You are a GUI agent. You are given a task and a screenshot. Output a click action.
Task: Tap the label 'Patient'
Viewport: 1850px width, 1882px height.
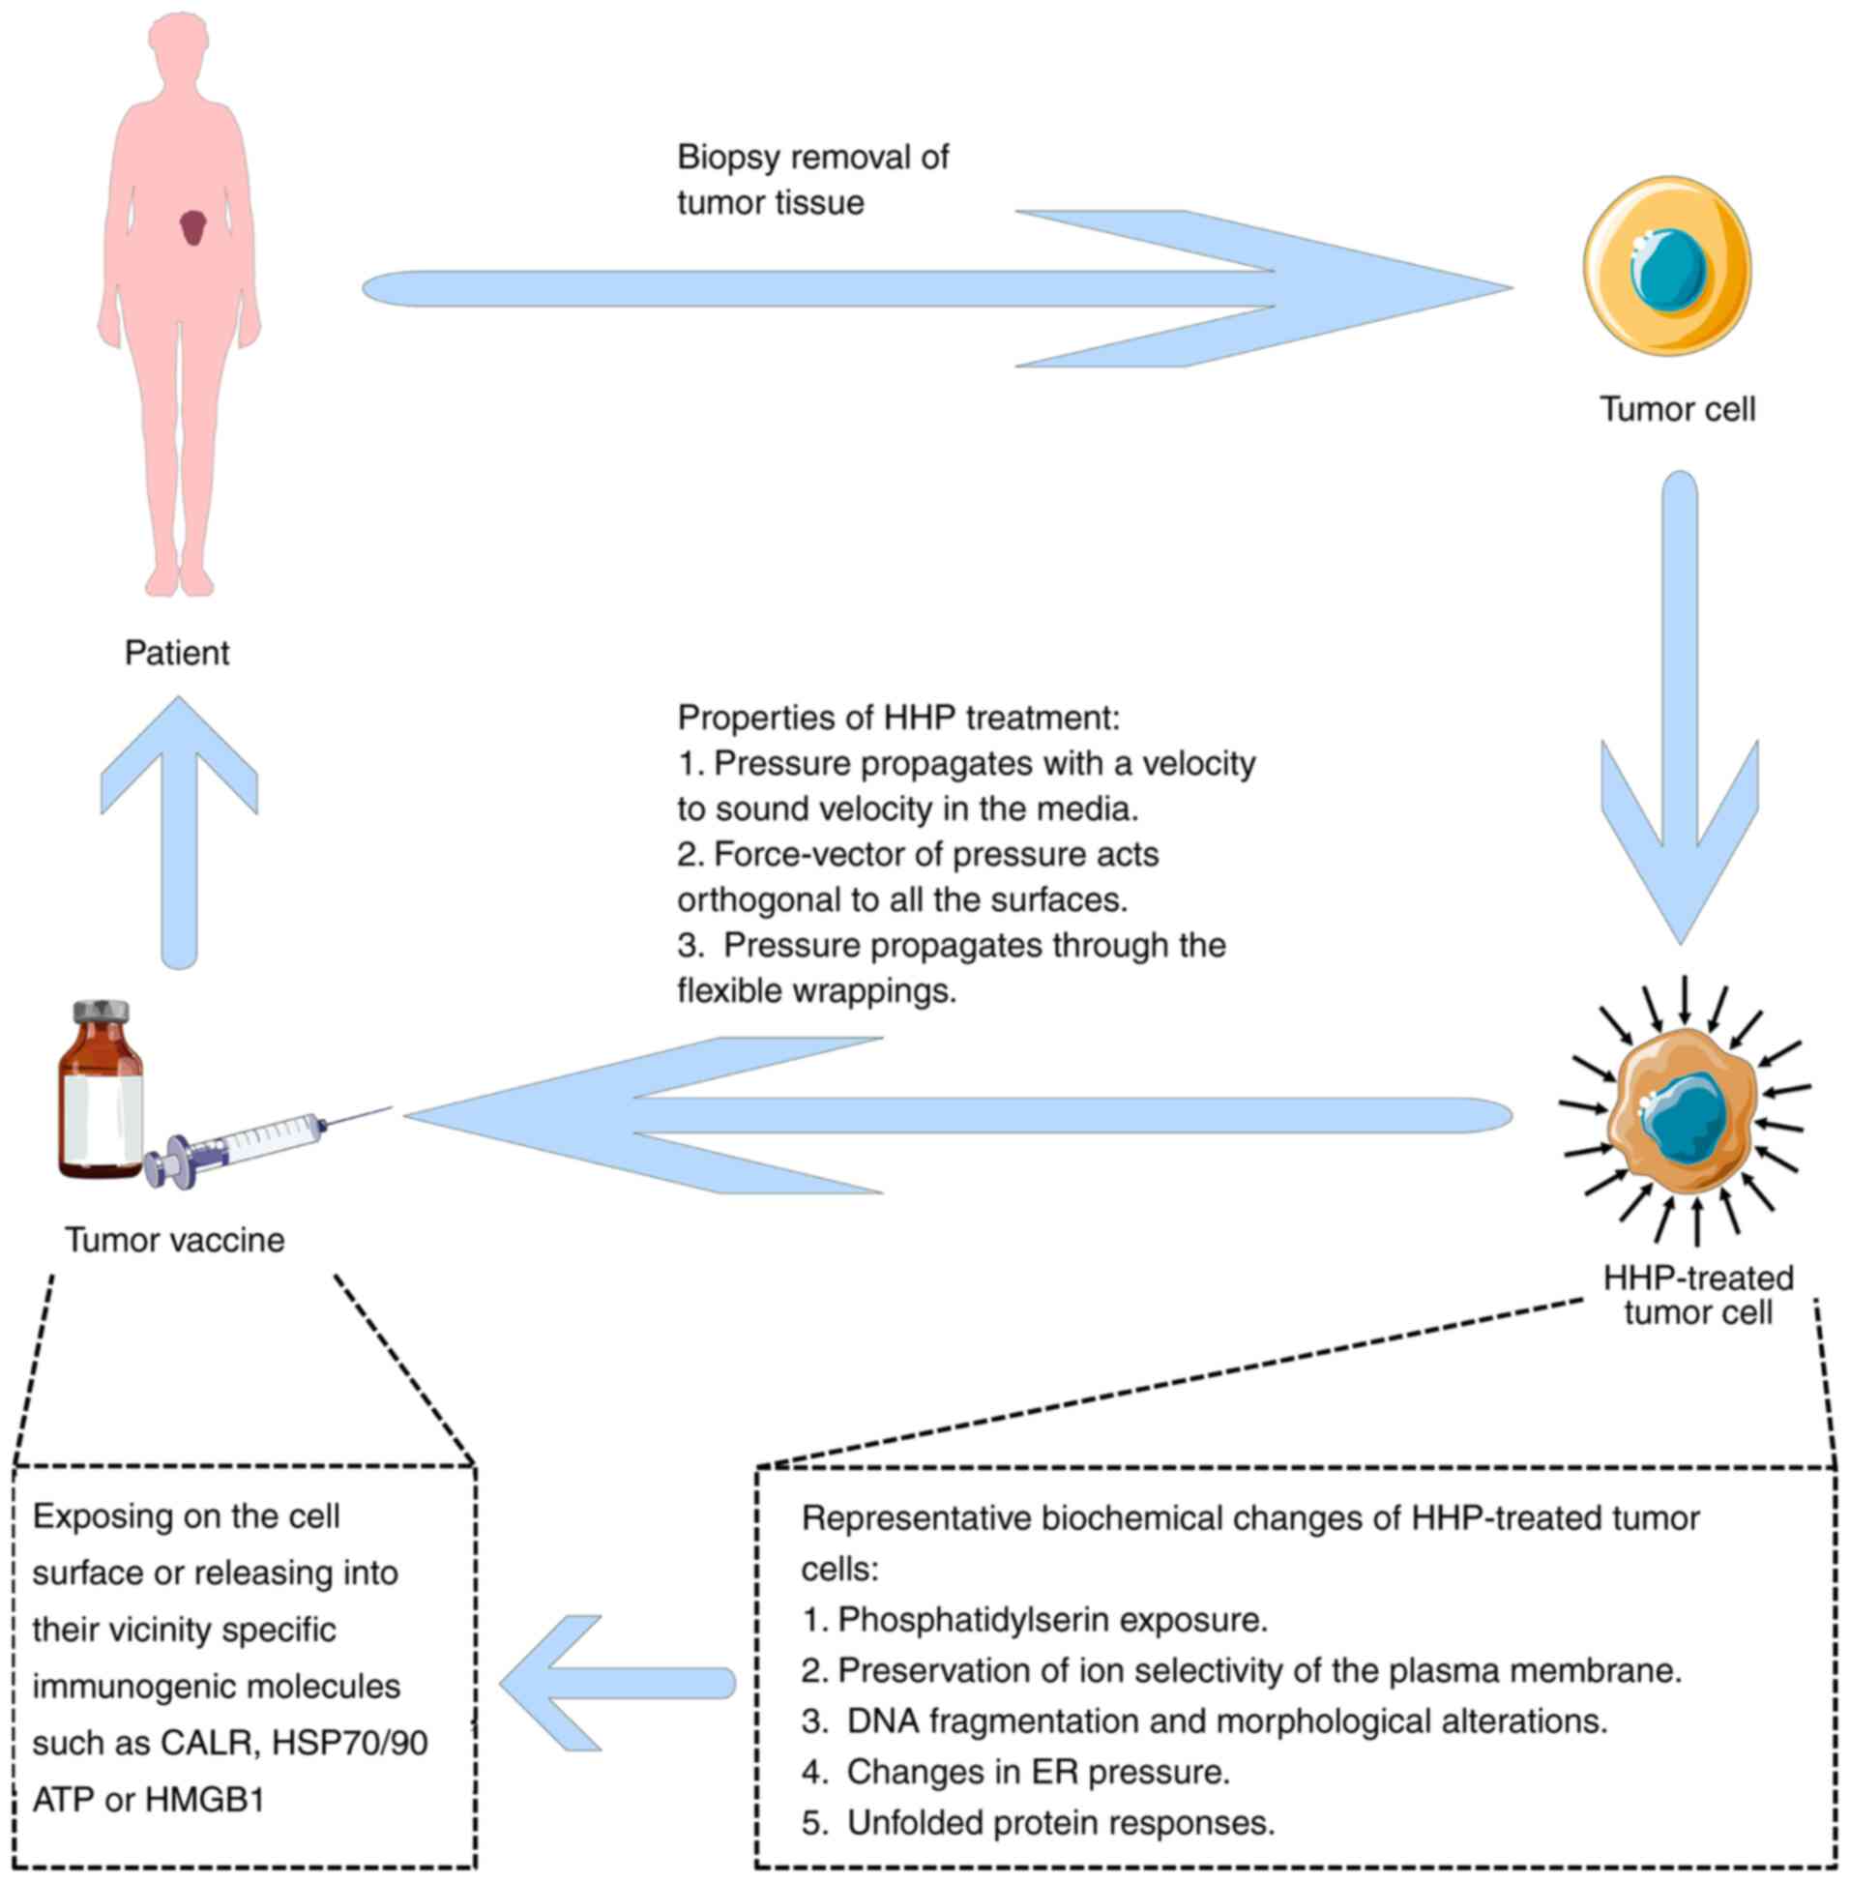coord(177,653)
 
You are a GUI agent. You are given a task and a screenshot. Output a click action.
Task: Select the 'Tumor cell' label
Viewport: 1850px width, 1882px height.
coord(1677,409)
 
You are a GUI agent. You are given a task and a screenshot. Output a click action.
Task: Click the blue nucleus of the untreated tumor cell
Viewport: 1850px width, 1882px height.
coord(1669,266)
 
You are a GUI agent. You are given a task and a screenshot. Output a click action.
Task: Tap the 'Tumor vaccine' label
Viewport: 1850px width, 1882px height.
coord(175,1240)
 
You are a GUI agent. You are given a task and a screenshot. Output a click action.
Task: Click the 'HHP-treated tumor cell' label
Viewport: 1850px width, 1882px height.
coord(1697,1295)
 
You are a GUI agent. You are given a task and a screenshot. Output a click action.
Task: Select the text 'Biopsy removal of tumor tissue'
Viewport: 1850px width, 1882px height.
coord(812,180)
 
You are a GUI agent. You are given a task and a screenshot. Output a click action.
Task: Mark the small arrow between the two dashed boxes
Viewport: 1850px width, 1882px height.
coord(616,1682)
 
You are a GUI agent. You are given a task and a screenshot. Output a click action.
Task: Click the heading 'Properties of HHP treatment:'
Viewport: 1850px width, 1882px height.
coord(898,718)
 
